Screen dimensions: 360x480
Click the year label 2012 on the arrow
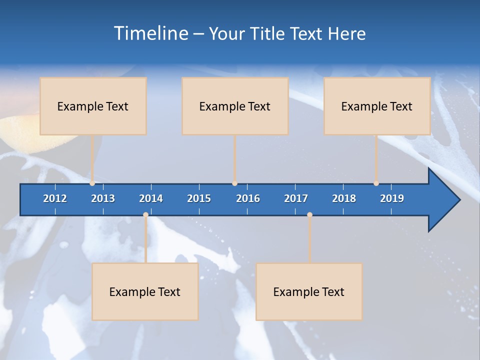55,198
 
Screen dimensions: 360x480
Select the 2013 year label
103,198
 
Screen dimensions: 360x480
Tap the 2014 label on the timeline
151,198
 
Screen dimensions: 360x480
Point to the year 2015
199,198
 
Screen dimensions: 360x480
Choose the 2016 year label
248,198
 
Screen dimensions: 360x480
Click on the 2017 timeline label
296,198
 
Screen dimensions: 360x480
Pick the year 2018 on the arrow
344,198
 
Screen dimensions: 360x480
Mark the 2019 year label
392,198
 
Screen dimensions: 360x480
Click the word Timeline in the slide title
150,33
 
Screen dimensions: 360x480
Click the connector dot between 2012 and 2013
92,183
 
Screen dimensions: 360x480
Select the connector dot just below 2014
145,215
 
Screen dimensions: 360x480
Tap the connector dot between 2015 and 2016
234,183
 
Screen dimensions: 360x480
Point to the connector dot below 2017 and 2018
309,215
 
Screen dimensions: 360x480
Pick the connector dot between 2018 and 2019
376,183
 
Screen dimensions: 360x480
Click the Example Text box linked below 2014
145,291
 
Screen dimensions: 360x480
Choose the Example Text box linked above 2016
235,106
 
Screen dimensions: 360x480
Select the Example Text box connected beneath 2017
309,291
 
